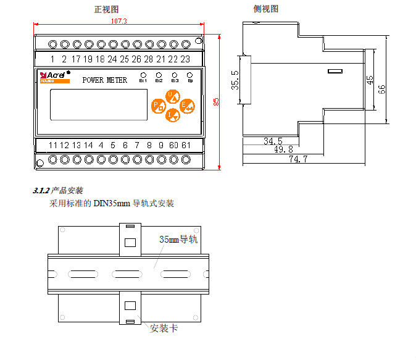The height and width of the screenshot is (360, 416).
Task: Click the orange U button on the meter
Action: (x=173, y=96)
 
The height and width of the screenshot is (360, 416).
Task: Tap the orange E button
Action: (x=187, y=106)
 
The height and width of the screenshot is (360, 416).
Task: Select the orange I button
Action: (x=173, y=114)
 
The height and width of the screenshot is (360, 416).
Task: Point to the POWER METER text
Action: (x=104, y=80)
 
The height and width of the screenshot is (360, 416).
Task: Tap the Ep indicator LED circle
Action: (x=190, y=74)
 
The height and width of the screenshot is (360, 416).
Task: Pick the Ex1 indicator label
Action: (x=143, y=81)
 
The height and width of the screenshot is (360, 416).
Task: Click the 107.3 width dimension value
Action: (x=119, y=21)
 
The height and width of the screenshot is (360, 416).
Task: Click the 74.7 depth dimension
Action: (x=298, y=159)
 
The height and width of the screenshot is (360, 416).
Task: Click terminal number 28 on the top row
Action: (x=148, y=59)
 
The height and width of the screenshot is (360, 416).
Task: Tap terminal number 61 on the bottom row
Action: (x=185, y=145)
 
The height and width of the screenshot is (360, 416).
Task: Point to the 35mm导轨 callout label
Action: (x=178, y=239)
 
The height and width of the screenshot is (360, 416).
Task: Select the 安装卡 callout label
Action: (x=164, y=329)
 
